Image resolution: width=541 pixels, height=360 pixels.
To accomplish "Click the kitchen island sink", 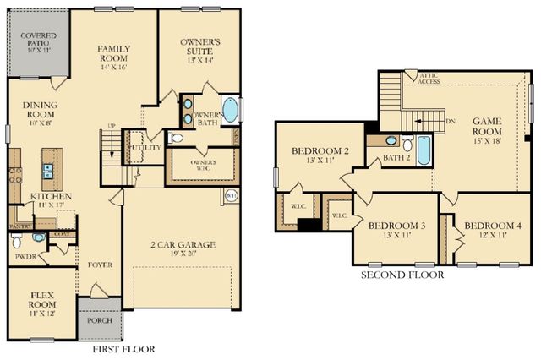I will (x=48, y=173).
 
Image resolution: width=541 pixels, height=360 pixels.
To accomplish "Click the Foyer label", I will (x=100, y=265).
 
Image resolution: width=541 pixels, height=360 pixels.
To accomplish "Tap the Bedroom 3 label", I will (x=396, y=231).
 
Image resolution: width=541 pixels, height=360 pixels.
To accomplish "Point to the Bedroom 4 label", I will (x=493, y=231).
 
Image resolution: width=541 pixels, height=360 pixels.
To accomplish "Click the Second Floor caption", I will (x=402, y=275).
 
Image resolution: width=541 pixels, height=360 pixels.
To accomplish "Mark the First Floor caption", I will (x=125, y=348).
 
